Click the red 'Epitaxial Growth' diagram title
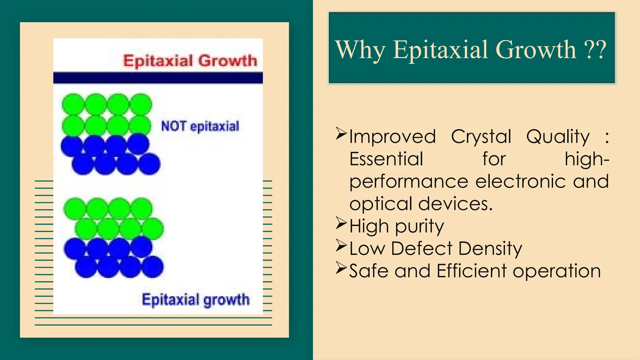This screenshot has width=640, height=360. click(190, 60)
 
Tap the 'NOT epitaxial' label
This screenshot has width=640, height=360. click(200, 126)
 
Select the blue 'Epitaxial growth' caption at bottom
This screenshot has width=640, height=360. click(196, 300)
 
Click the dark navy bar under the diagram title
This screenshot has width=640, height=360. click(158, 78)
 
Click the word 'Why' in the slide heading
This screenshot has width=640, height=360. click(360, 50)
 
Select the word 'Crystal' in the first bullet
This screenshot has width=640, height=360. click(481, 137)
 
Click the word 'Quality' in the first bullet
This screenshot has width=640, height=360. click(558, 137)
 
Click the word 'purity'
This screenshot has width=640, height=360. click(419, 226)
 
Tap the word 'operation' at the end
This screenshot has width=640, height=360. click(557, 271)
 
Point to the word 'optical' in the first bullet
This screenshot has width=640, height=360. click(381, 204)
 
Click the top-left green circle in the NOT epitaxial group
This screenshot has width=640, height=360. click(73, 104)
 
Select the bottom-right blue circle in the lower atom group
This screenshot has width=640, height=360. click(153, 267)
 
